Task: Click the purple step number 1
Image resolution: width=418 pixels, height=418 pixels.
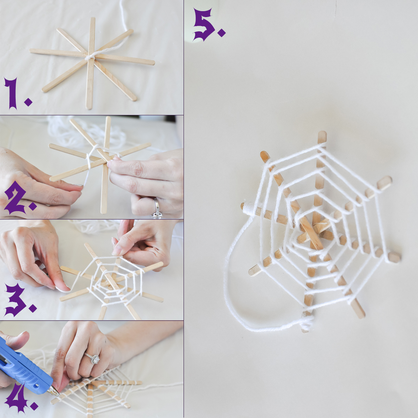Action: click(x=11, y=93)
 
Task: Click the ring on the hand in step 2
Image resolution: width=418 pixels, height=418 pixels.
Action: click(x=157, y=208)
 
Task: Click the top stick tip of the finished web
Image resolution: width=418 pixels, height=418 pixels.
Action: click(x=322, y=134)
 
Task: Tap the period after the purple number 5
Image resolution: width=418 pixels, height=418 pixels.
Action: click(x=221, y=32)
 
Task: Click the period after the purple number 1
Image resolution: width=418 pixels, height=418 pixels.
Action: click(x=28, y=102)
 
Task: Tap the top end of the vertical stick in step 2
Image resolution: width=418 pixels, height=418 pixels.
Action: click(x=108, y=118)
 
